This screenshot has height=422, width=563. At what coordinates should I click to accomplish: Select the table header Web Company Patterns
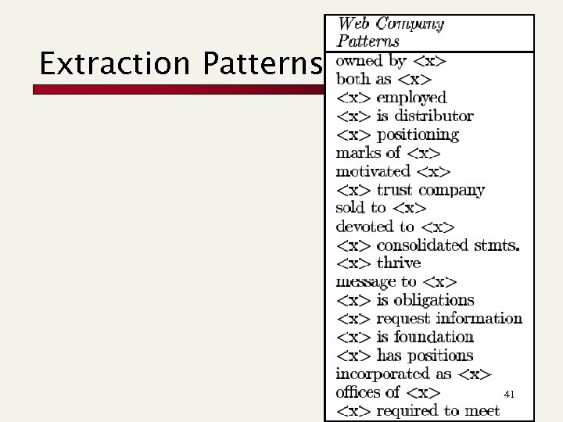390,32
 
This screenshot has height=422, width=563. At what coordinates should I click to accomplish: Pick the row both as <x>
384,79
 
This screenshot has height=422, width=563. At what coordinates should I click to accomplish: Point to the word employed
411,98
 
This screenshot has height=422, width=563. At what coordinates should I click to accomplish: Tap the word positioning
418,134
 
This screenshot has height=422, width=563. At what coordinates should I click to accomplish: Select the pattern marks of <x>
388,152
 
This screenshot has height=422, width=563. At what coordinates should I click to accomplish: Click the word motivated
373,171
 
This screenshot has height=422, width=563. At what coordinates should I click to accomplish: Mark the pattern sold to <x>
381,208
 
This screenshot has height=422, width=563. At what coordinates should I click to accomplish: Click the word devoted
364,227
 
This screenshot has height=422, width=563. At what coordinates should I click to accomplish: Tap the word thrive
399,263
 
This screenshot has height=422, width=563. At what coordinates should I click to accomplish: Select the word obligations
434,300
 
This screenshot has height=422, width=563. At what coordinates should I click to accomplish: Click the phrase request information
449,319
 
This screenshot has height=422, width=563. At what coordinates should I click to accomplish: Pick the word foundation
434,337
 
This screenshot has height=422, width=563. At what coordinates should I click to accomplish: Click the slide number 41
509,395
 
